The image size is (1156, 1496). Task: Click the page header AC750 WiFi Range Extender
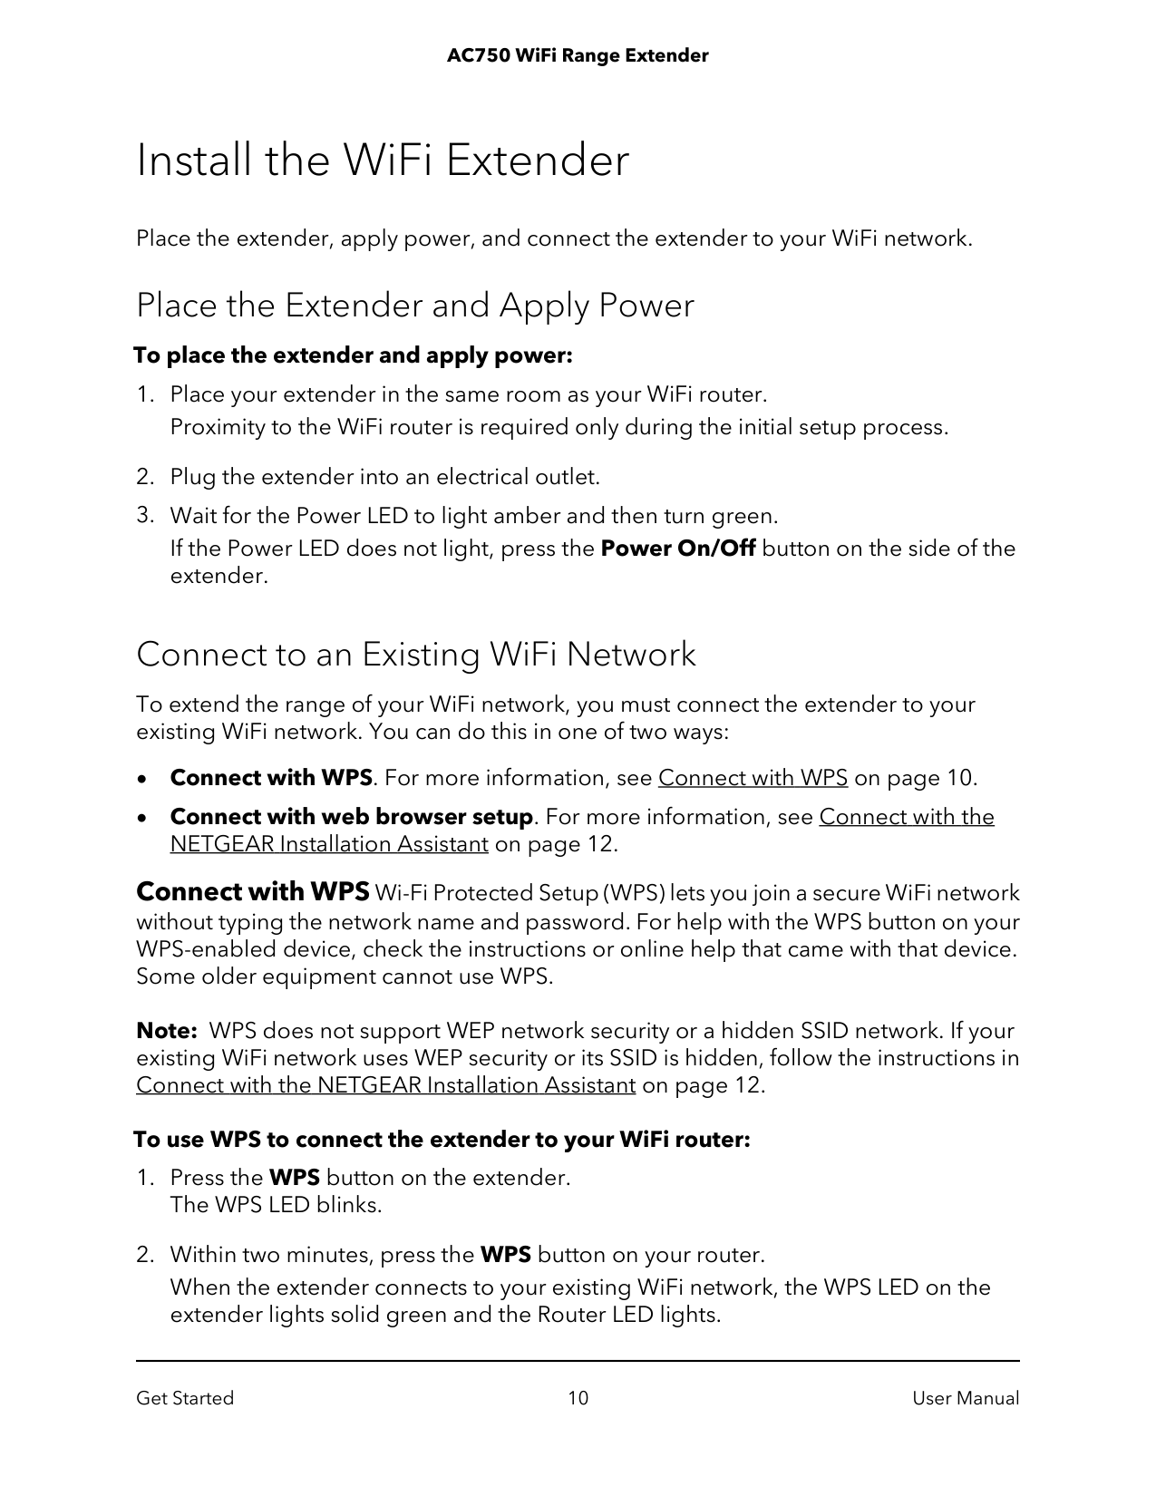point(578,56)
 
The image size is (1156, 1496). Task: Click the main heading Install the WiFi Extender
point(382,161)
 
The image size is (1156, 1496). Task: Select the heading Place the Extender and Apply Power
point(414,306)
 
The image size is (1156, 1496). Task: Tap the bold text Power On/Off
point(678,549)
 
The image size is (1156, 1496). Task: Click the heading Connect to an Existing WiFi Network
point(415,655)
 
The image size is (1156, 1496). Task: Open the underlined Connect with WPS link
point(753,778)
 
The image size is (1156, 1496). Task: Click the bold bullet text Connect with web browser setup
point(351,817)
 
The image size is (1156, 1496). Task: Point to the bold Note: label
point(167,1031)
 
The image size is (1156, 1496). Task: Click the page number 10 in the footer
point(578,1398)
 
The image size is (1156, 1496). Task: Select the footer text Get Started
point(185,1398)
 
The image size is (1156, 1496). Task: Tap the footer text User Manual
point(966,1398)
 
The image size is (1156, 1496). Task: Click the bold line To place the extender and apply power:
point(353,355)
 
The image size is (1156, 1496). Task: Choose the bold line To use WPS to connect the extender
point(442,1139)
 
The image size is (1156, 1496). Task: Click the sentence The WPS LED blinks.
point(276,1205)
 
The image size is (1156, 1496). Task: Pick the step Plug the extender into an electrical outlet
point(384,477)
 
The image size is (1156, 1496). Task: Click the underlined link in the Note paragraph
point(385,1085)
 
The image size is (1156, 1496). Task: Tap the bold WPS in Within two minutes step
point(505,1255)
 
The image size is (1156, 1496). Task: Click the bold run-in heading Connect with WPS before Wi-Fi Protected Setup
point(252,892)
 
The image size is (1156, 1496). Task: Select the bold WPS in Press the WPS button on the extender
point(295,1178)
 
